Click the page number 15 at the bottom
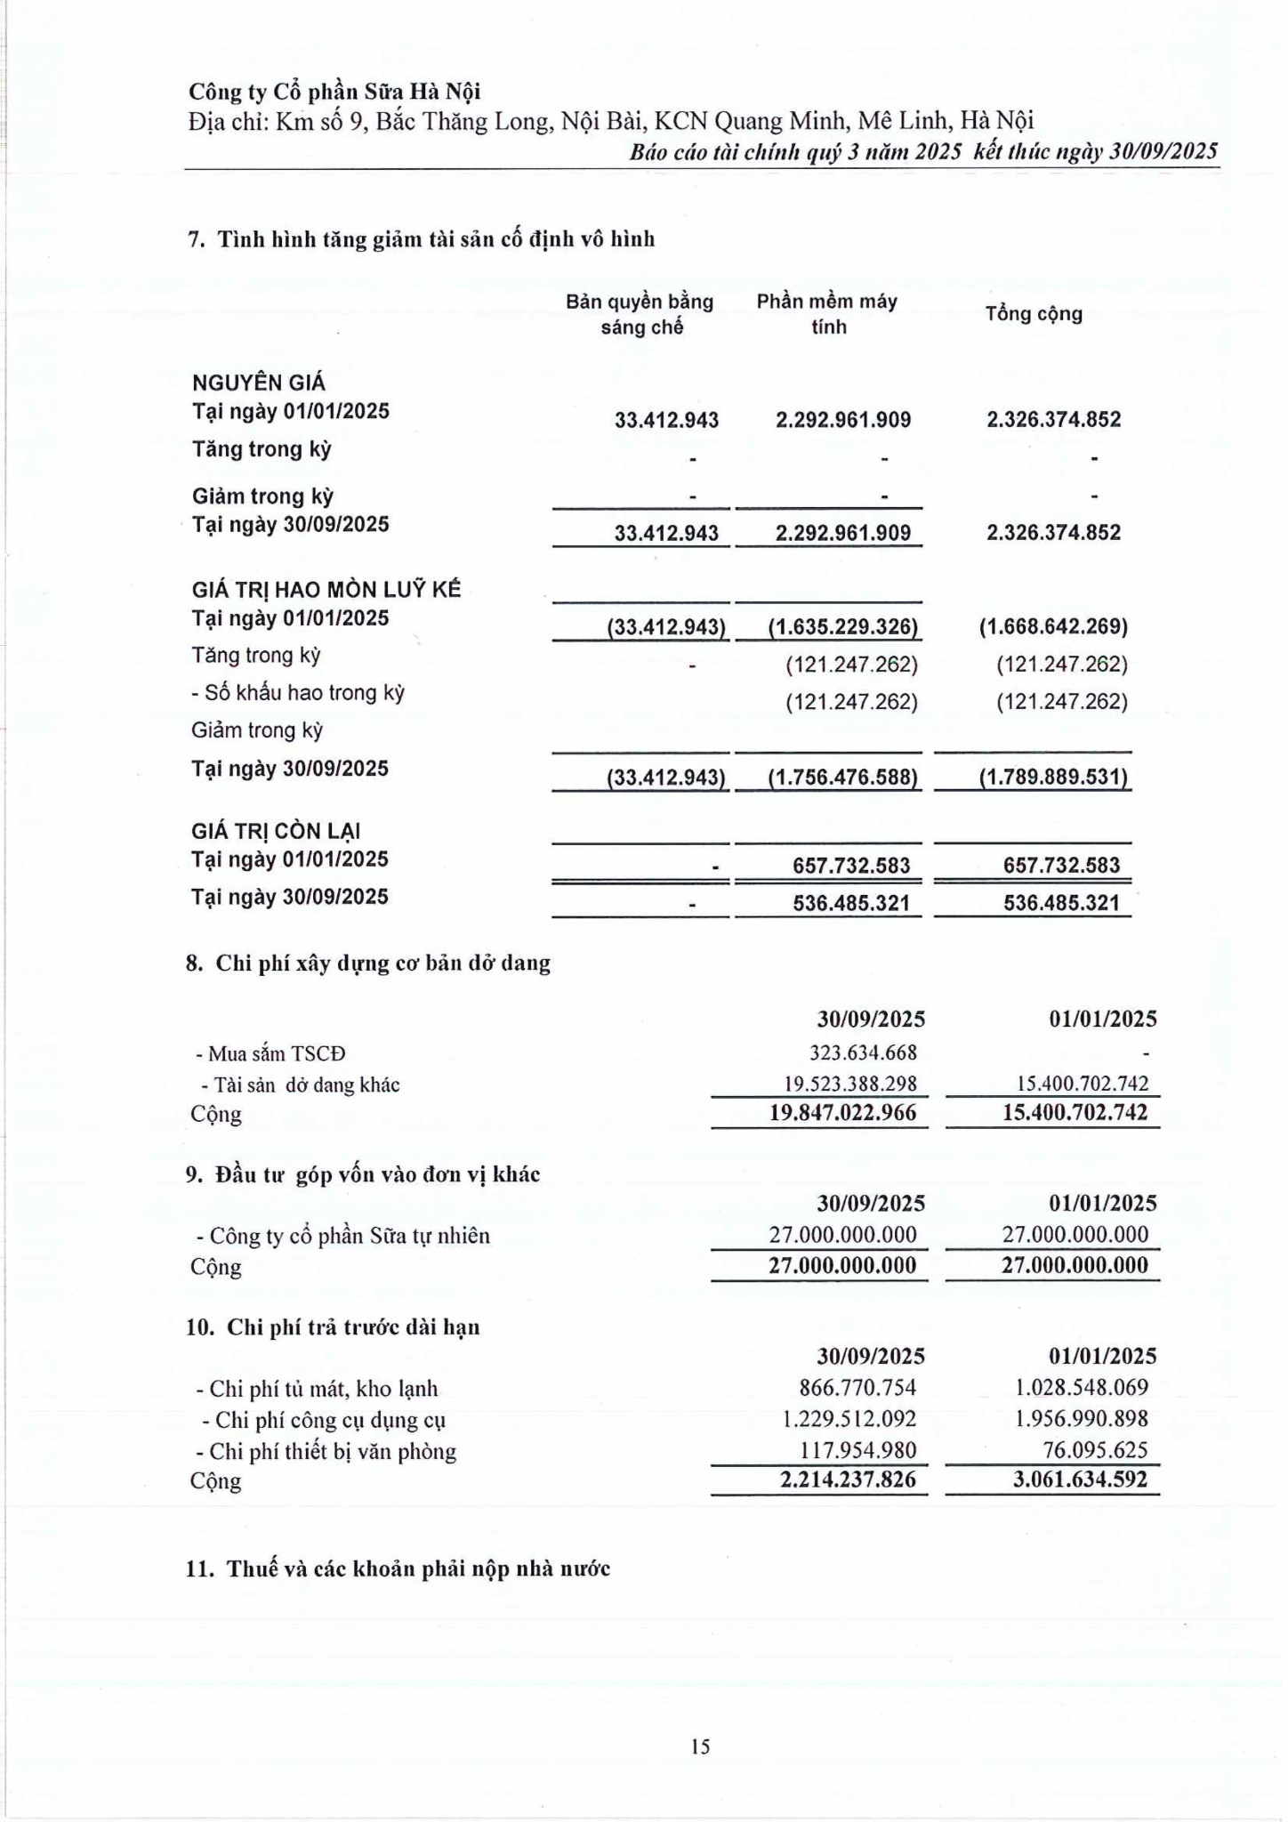(700, 1746)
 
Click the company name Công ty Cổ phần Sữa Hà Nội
(334, 92)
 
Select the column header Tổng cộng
(1034, 314)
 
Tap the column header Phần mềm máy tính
(827, 314)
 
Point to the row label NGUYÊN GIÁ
(259, 383)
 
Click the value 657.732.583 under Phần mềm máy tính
(851, 866)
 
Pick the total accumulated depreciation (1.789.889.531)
(1053, 778)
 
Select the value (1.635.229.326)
(843, 627)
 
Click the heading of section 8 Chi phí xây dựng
(368, 963)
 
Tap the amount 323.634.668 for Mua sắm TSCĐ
(863, 1052)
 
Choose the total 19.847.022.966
(842, 1112)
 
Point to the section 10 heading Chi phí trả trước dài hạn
(333, 1327)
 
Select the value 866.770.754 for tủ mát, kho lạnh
(857, 1388)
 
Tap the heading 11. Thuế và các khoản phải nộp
(398, 1568)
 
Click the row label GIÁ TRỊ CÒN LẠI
(276, 831)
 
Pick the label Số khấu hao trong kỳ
(299, 693)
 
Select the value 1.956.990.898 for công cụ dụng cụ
(1081, 1419)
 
